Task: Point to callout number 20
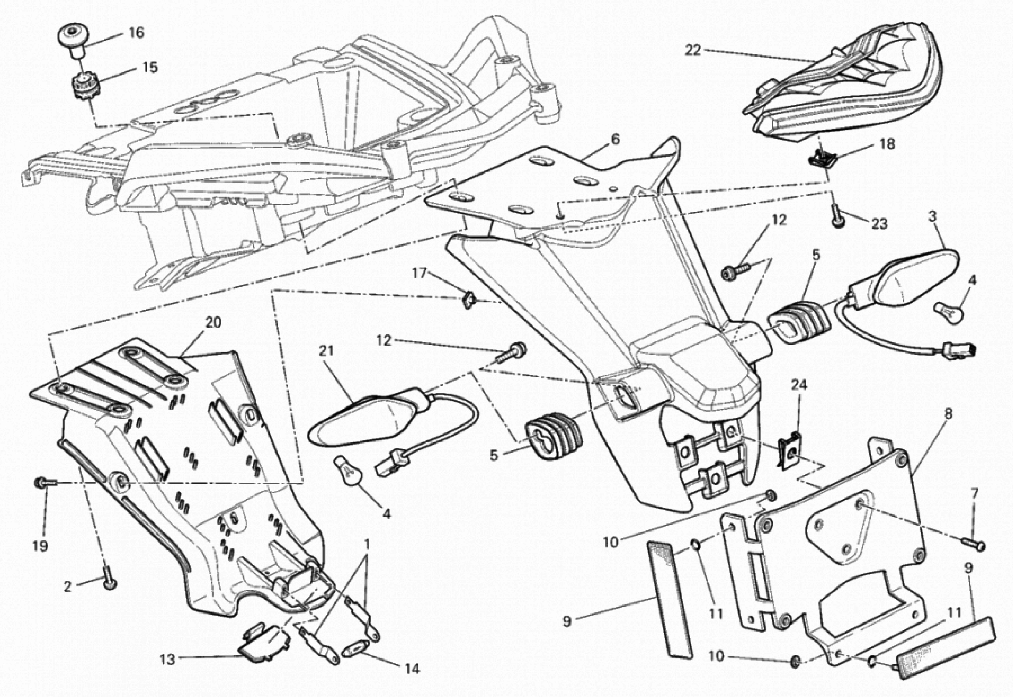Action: tap(213, 323)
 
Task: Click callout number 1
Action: tap(367, 545)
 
